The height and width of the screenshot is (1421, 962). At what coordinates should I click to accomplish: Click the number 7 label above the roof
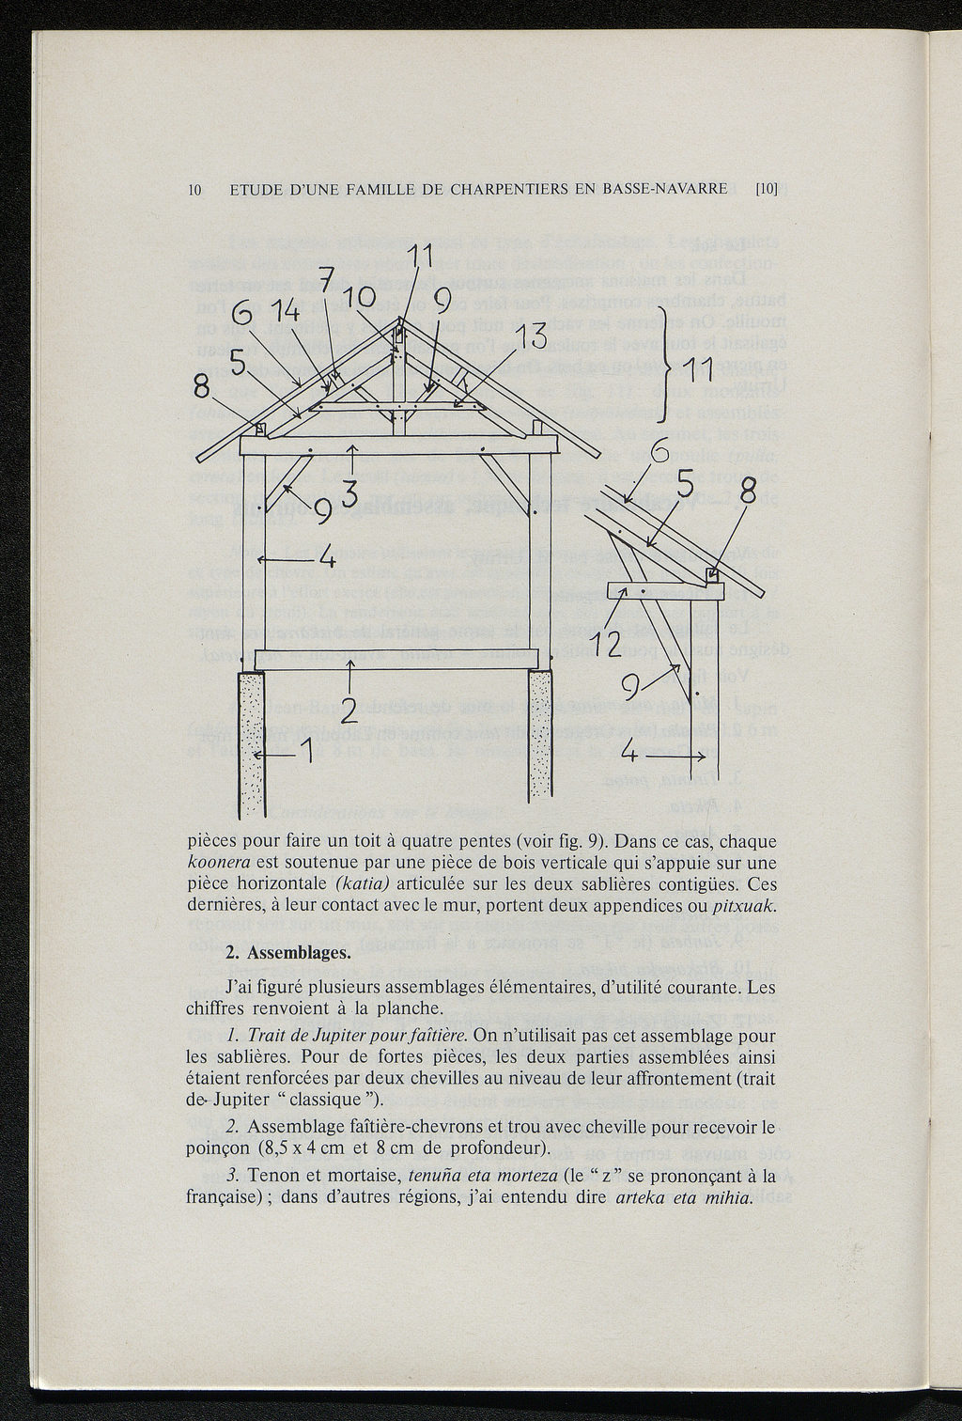327,281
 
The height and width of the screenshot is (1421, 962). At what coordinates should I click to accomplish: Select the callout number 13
531,335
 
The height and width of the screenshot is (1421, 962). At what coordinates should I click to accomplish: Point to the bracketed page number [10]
768,189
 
